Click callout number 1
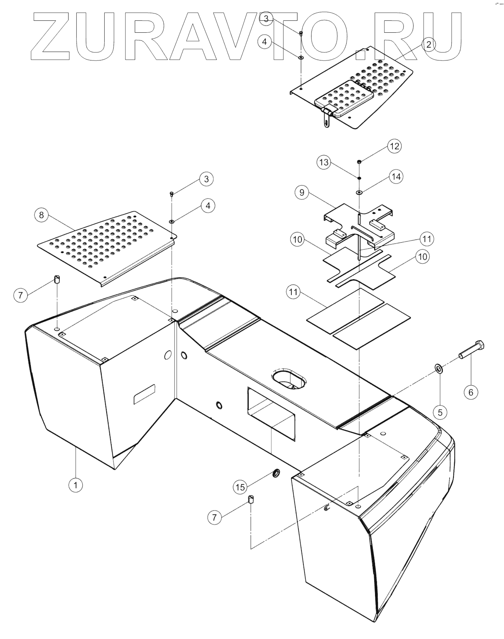(75, 485)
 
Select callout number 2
(428, 44)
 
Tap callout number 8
(42, 215)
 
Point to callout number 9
(302, 192)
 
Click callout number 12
(395, 146)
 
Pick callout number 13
(324, 162)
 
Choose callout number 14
(396, 177)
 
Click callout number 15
(240, 487)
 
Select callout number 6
(471, 392)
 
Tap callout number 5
(440, 412)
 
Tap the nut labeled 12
(359, 161)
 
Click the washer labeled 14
(359, 192)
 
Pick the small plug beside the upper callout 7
(58, 279)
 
